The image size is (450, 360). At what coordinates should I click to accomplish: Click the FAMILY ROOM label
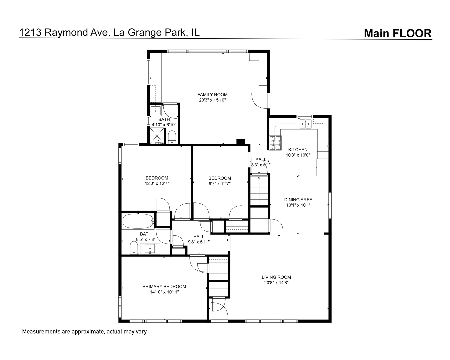(212, 95)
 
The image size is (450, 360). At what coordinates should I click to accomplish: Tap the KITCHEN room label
(298, 150)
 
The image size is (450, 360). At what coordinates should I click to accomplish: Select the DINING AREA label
(298, 200)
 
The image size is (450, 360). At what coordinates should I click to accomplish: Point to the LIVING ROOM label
(276, 277)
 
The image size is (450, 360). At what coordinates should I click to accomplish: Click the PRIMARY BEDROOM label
(164, 287)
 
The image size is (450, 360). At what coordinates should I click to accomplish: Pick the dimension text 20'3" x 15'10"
(212, 100)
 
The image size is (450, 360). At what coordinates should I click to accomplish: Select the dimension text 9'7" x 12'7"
(220, 184)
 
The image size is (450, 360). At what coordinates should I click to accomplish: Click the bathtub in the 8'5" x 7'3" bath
(138, 221)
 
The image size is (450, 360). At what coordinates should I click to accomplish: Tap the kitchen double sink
(306, 124)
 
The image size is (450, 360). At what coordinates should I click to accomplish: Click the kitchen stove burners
(275, 143)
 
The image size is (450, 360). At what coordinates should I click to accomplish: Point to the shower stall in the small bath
(158, 136)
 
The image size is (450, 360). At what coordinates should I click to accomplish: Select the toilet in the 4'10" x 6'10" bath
(172, 137)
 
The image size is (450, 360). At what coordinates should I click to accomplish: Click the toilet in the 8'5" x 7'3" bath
(134, 248)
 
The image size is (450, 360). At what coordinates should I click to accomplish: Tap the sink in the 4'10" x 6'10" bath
(155, 111)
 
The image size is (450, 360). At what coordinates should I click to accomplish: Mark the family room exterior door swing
(260, 101)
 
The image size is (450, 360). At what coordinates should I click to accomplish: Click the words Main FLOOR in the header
(398, 33)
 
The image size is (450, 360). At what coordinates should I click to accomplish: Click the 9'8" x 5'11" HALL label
(199, 239)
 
